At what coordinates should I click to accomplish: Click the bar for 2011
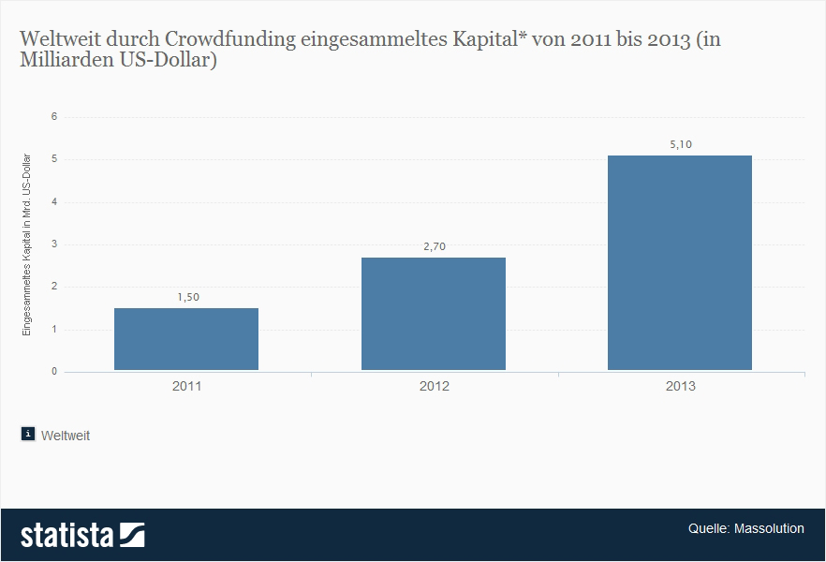point(186,339)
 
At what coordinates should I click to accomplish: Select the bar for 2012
point(434,314)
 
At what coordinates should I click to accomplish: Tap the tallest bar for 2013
point(680,262)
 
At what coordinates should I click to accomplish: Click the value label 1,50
point(188,297)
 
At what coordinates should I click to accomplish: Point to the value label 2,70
point(434,246)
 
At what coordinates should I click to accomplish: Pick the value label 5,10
point(680,144)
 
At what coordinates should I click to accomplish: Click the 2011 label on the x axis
point(186,386)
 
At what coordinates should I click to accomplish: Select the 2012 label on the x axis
point(434,386)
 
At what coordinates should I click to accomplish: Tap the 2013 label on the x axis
point(680,386)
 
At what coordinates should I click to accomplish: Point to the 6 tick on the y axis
point(54,117)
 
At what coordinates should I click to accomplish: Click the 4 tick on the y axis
point(54,202)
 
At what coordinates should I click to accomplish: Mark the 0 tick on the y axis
point(54,372)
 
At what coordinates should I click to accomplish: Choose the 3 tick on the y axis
point(54,244)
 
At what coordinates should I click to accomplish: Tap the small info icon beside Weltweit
point(28,434)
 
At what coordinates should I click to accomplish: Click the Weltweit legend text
point(66,436)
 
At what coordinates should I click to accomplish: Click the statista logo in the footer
point(82,535)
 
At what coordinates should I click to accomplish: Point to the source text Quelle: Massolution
point(745,528)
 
